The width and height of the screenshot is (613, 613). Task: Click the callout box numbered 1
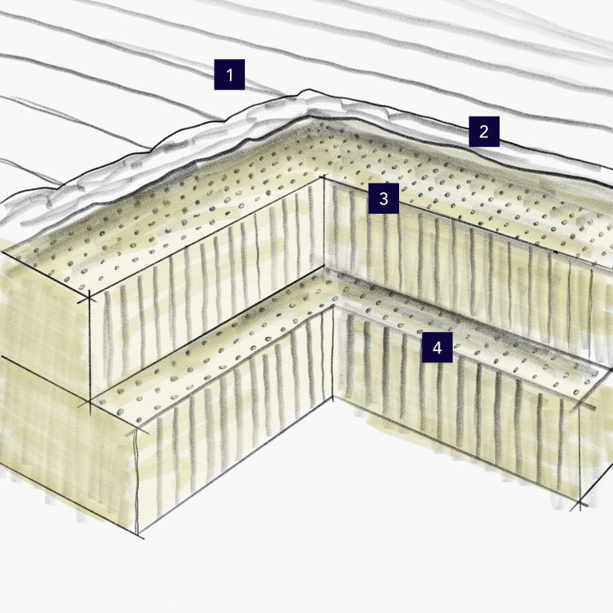coord(230,75)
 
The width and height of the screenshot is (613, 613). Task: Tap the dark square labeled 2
coord(484,132)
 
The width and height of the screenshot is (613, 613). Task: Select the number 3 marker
coord(383,198)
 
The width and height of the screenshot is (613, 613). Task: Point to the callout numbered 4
coord(437,347)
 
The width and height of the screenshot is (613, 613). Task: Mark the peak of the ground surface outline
coord(310,90)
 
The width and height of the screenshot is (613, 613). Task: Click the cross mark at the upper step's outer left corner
coord(89,299)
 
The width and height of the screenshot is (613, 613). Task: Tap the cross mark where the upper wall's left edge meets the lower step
coord(90,402)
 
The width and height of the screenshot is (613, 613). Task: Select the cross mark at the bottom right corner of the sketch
coord(579,504)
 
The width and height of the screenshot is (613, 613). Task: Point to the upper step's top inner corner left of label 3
coord(324,178)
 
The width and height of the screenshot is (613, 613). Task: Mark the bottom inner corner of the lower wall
coord(333,399)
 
